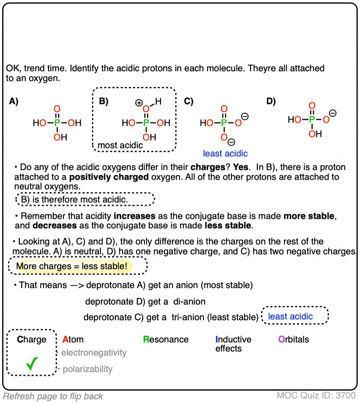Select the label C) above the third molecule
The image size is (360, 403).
pos(189,102)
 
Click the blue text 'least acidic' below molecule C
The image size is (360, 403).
pos(225,154)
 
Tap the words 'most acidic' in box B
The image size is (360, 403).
pos(120,145)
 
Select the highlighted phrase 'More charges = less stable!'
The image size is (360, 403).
pos(71,267)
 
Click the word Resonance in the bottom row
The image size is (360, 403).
pos(166,340)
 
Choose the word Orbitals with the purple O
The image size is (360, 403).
pos(293,340)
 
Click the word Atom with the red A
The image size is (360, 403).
pos(73,340)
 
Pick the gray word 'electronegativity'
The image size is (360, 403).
pos(94,353)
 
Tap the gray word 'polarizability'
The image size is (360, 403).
pos(87,369)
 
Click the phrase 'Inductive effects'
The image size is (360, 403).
pos(233,344)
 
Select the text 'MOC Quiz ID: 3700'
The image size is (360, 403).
pos(316,396)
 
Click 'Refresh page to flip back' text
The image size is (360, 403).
pos(53,396)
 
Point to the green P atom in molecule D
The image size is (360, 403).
pos(312,119)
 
